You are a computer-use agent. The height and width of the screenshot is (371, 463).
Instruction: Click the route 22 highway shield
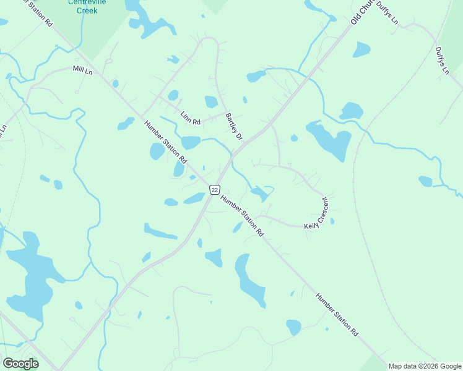[214, 189]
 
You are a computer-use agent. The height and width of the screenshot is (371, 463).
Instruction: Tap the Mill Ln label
[82, 70]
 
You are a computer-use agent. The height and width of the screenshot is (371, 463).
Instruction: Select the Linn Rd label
[190, 117]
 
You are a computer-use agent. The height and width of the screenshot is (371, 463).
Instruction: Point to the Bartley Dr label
[233, 126]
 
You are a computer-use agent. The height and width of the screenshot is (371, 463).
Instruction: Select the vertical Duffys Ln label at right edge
[441, 61]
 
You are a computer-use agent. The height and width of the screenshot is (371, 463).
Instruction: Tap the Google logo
[20, 364]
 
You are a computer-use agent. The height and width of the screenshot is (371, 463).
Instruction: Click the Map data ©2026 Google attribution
[425, 366]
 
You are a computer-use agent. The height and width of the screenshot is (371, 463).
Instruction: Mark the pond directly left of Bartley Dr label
[211, 101]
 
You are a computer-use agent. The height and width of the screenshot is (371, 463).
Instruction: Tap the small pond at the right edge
[425, 181]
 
